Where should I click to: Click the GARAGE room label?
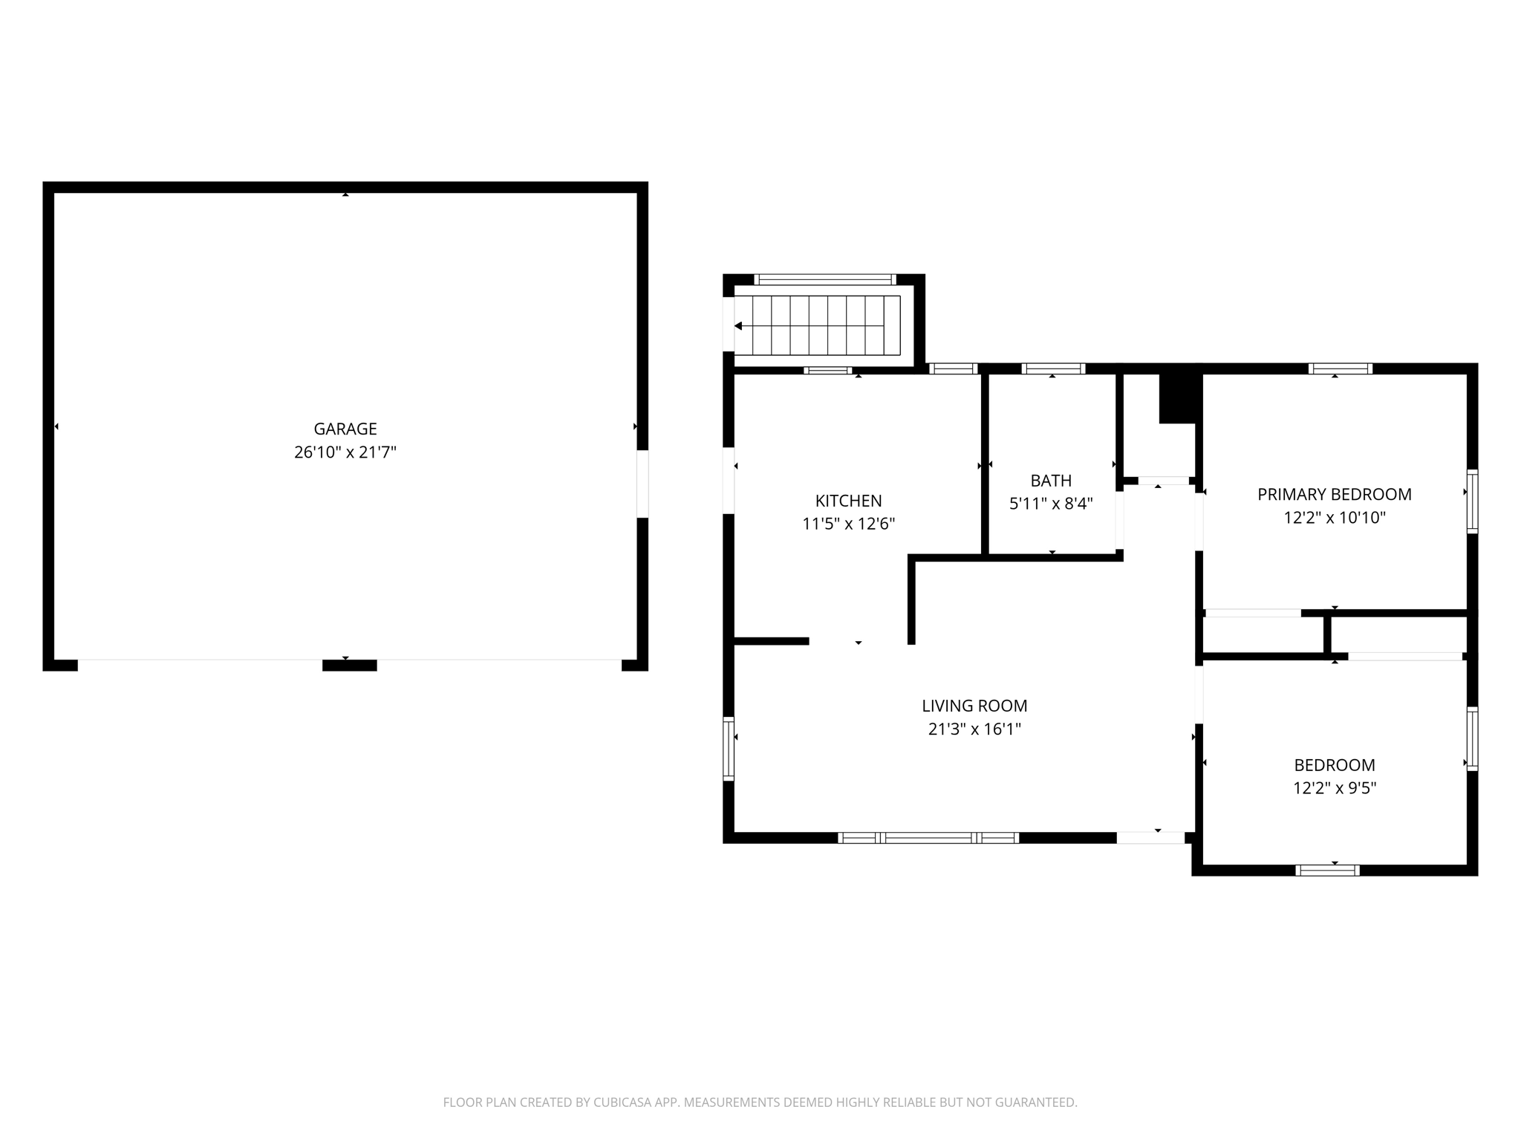coord(345,429)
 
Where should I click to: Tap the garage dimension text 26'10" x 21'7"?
coord(345,452)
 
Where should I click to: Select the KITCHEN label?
coord(848,501)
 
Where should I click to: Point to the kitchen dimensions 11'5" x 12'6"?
coord(848,524)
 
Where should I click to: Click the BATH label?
coord(1051,481)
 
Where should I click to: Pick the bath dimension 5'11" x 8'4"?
coord(1051,504)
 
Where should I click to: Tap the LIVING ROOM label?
coord(974,706)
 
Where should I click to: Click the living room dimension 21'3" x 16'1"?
coord(974,729)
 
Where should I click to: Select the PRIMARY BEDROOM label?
coord(1335,494)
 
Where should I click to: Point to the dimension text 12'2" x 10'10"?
coord(1335,518)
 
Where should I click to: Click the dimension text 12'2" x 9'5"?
coord(1335,788)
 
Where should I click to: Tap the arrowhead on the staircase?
coord(738,326)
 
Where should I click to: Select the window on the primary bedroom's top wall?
coord(1340,368)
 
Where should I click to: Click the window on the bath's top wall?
coord(1053,368)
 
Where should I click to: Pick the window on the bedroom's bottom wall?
coord(1327,871)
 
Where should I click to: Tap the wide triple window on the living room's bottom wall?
coord(928,838)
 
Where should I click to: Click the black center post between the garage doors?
coord(349,666)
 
